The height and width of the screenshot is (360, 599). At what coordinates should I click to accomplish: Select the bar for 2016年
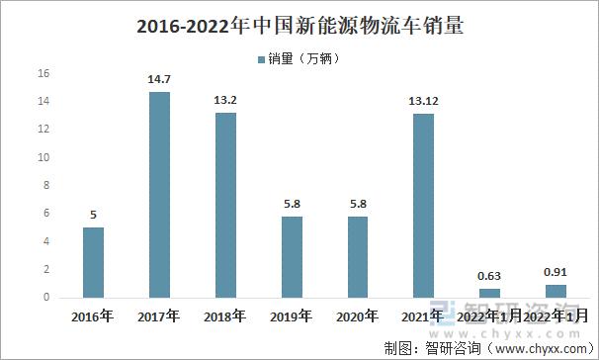tap(93, 262)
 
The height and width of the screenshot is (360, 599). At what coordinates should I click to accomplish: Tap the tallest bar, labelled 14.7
tap(159, 194)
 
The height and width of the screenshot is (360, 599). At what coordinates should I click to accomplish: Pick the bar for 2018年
tap(225, 205)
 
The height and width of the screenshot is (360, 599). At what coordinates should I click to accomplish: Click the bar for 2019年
tap(292, 256)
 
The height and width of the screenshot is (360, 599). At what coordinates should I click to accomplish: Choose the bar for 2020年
tap(358, 256)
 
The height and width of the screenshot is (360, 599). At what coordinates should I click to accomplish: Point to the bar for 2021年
tap(423, 205)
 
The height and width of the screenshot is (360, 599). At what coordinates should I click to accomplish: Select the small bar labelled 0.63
tap(489, 293)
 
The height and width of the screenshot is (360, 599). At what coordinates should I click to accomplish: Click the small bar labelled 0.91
tap(555, 291)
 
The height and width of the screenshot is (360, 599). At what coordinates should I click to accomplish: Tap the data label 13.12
tap(423, 101)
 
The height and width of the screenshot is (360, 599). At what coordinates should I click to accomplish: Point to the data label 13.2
tap(225, 100)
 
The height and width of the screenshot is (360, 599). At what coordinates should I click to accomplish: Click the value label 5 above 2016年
tap(93, 215)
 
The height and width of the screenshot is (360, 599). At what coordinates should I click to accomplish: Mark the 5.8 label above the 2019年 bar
tap(292, 204)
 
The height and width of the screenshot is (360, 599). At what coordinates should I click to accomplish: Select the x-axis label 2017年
tap(159, 317)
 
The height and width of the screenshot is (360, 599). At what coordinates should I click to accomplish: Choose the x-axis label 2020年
tap(358, 317)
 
